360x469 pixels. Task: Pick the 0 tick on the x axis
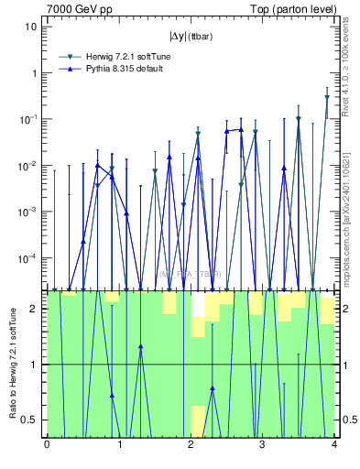coord(47,445)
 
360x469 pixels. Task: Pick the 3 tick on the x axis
coord(262,445)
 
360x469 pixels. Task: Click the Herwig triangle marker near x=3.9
coord(327,97)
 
